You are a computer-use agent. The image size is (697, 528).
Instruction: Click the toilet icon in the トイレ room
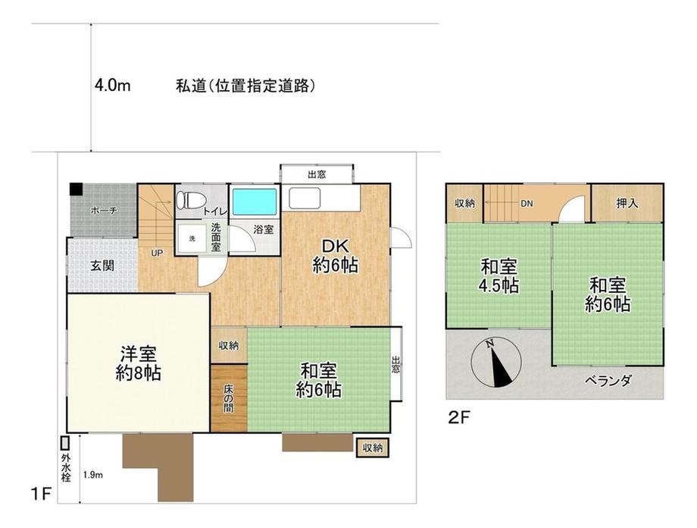[x=186, y=201]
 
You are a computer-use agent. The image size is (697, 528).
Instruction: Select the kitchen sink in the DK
[x=305, y=198]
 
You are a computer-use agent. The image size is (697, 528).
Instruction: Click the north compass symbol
[x=496, y=363]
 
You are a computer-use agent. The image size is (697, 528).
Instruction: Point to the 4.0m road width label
[x=112, y=85]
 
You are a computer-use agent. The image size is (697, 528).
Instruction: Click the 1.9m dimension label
[x=93, y=475]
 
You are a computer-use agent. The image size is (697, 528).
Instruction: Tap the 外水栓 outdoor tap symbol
[x=65, y=442]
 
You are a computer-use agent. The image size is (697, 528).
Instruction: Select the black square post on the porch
[x=76, y=189]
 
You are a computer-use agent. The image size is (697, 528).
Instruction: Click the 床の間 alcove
[x=229, y=398]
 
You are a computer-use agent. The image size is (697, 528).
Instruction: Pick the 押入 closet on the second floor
[x=627, y=203]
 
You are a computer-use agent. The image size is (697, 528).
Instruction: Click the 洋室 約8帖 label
[x=138, y=363]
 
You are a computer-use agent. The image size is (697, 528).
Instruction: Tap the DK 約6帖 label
[x=335, y=256]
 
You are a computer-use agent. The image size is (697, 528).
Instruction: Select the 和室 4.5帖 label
[x=499, y=276]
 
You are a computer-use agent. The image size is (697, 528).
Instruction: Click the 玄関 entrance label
[x=102, y=266]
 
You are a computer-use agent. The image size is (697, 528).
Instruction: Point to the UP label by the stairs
[x=157, y=253]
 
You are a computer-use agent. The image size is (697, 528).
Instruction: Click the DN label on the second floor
[x=527, y=203]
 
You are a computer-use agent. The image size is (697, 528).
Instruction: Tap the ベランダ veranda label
[x=608, y=381]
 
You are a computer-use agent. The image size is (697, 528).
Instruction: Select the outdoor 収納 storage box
[x=373, y=448]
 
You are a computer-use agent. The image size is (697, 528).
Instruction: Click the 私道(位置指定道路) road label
[x=245, y=86]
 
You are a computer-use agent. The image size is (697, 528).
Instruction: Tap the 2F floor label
[x=459, y=417]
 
